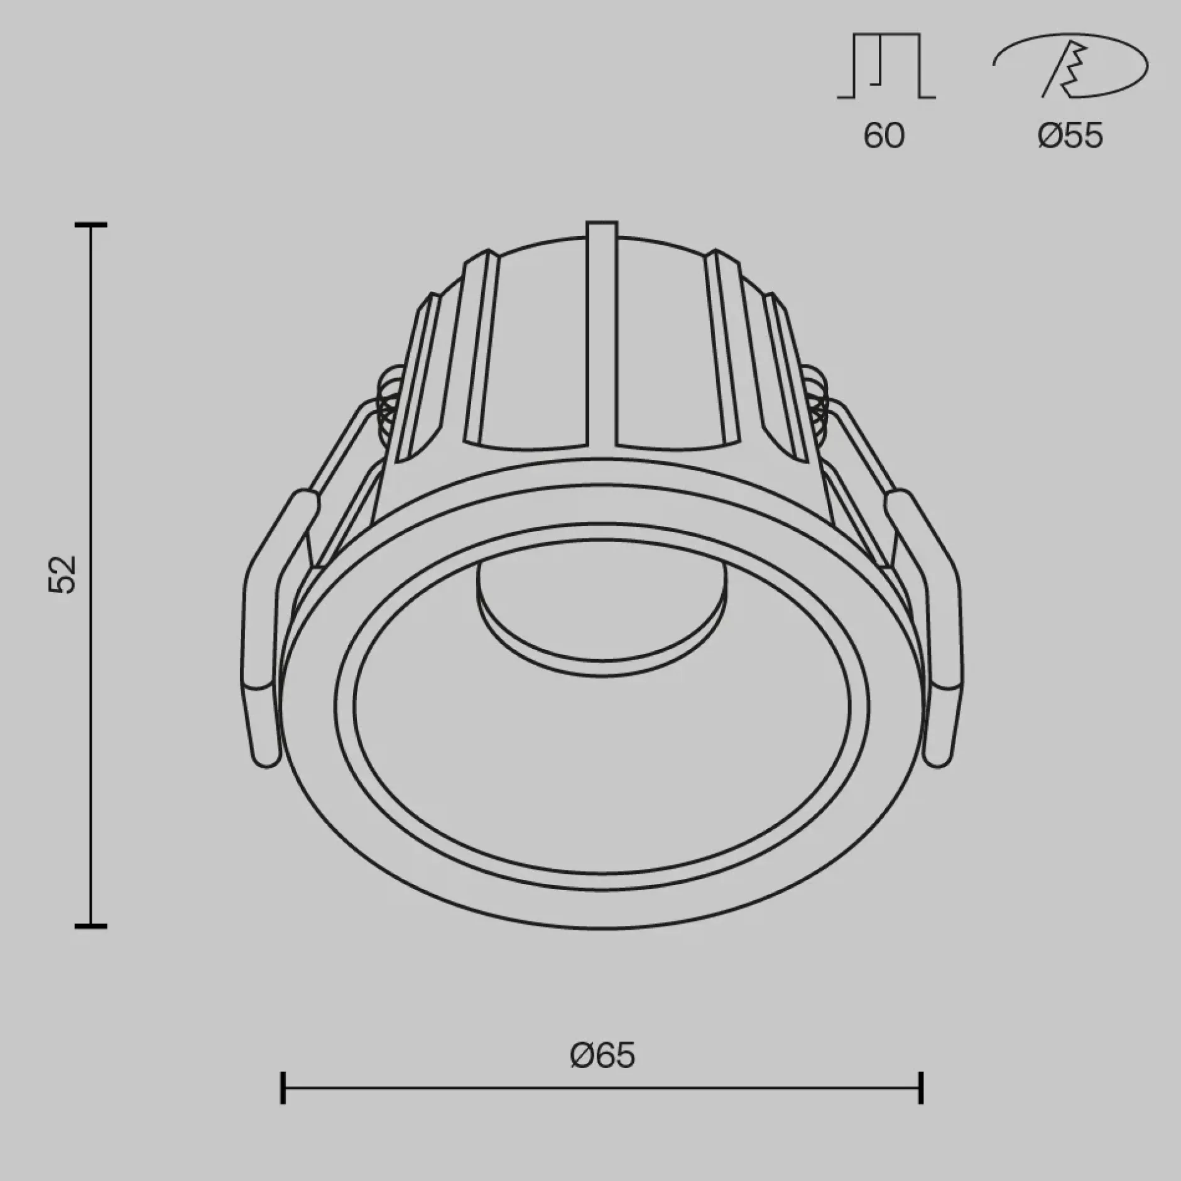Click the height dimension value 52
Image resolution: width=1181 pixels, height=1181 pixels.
(x=63, y=574)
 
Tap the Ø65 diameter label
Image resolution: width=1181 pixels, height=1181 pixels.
(x=602, y=1055)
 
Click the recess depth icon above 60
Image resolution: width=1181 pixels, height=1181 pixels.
(x=886, y=66)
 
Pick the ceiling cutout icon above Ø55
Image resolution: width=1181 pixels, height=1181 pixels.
(x=1070, y=65)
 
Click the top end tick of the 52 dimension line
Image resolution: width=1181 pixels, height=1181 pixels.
(x=91, y=224)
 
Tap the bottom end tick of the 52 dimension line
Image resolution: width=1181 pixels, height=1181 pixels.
(x=91, y=925)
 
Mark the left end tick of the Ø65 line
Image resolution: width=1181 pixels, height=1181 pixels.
(x=283, y=1087)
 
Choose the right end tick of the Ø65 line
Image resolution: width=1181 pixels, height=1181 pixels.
(x=921, y=1087)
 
